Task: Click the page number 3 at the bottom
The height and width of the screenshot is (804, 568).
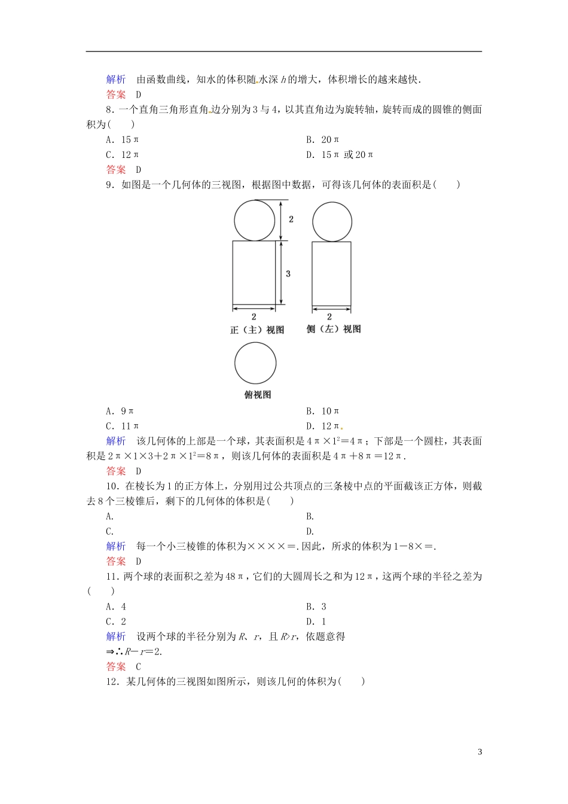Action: [x=480, y=752]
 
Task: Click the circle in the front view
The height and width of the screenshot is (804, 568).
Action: [x=255, y=221]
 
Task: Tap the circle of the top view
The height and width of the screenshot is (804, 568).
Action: [x=255, y=363]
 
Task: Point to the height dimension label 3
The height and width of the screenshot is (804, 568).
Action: [x=288, y=273]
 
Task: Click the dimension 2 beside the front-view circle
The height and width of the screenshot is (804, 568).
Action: [x=291, y=220]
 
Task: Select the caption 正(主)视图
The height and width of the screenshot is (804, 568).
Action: [x=257, y=330]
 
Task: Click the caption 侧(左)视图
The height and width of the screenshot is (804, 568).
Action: [x=334, y=329]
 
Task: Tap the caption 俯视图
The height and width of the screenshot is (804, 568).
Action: [x=258, y=395]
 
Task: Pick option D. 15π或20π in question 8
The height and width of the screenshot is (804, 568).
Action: [x=340, y=155]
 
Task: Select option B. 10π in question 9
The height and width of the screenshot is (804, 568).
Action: [x=323, y=411]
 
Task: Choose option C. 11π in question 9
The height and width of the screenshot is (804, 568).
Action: [x=123, y=426]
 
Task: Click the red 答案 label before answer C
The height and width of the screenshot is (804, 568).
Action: [x=116, y=666]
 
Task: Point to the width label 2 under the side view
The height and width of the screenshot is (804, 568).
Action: [x=329, y=316]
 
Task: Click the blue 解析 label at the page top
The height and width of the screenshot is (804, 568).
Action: [x=116, y=80]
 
